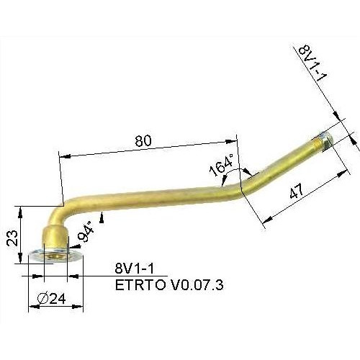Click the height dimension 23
pos(11,238)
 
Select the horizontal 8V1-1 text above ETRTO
pos(133,268)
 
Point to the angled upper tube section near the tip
pos(284,161)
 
